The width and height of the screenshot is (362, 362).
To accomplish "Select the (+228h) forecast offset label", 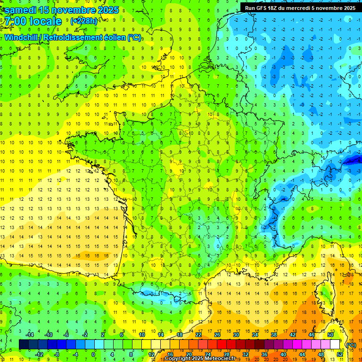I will [83, 21].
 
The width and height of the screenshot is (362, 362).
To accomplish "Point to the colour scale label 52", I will [340, 354].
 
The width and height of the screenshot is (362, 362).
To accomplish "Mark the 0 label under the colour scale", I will [93, 354].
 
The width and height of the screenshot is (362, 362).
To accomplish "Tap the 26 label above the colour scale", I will [217, 335].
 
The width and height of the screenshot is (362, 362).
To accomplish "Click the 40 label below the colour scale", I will [283, 354].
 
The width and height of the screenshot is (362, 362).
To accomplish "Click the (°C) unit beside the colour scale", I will [350, 345].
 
